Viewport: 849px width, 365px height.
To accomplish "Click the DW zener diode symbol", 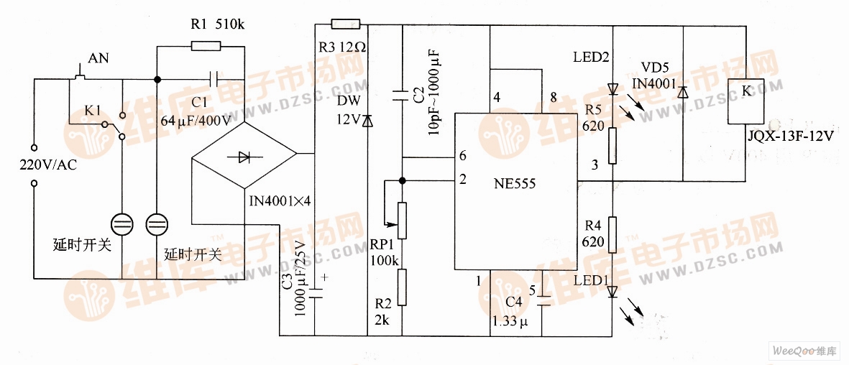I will [367, 121].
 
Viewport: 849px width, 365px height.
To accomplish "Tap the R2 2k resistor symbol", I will [402, 287].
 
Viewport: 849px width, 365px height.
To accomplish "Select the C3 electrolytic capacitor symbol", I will [314, 292].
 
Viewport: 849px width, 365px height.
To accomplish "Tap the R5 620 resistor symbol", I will [612, 146].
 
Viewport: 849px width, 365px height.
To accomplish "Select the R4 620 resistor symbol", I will [612, 234].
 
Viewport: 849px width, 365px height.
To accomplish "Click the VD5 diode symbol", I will [682, 92].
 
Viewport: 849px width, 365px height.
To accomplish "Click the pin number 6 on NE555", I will [462, 156].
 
